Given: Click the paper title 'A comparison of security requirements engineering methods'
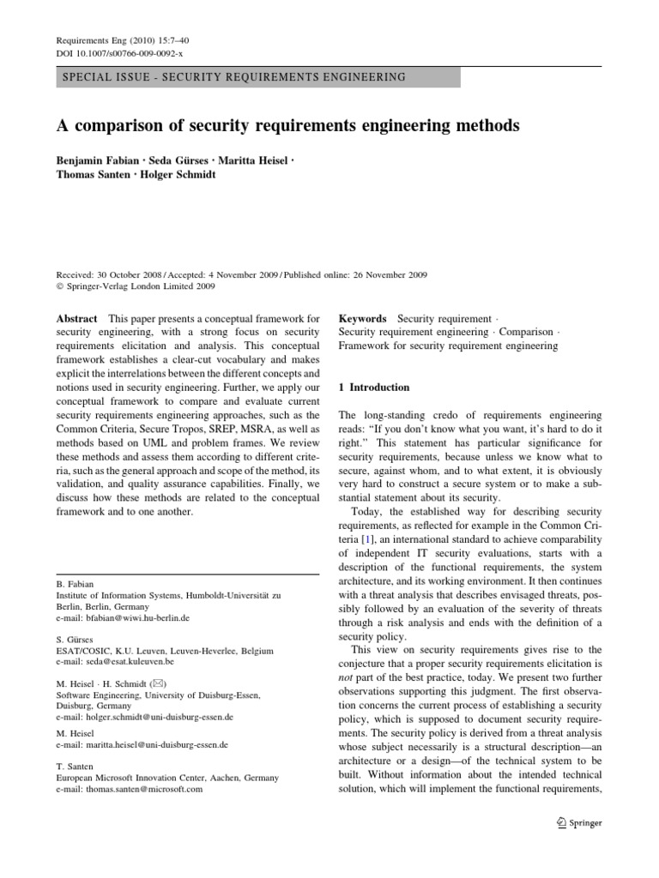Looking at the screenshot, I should (288, 126).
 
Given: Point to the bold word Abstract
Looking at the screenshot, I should (76, 318).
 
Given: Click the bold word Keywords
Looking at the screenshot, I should (363, 318).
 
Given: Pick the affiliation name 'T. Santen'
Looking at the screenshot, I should (75, 767).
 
